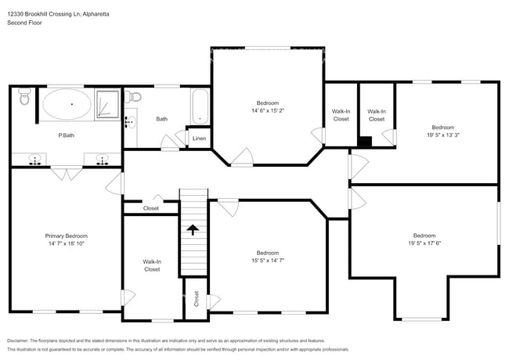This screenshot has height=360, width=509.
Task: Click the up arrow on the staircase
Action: coord(192,229)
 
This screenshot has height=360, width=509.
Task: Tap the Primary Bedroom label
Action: coord(66,239)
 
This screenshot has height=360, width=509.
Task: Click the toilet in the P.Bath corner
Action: coord(24,99)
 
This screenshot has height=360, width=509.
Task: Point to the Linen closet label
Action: coord(199,139)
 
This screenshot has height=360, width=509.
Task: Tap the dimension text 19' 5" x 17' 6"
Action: coord(424,243)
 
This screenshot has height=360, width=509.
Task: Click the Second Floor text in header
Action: coord(24,23)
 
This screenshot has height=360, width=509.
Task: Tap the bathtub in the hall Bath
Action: coord(200,107)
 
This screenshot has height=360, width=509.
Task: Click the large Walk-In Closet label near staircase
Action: coord(151,265)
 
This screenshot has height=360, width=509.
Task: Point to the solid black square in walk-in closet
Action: coord(365,142)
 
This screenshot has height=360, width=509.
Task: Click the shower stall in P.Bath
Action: coord(108,105)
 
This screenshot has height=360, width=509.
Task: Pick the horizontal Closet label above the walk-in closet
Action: coord(150,208)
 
